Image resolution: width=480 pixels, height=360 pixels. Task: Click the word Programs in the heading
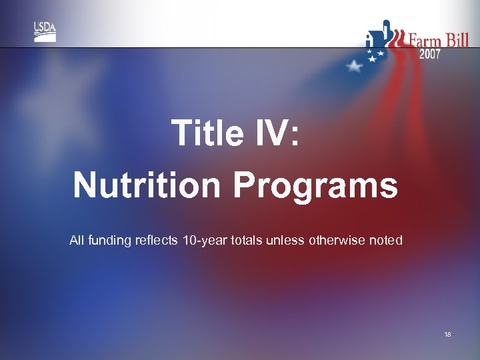315,186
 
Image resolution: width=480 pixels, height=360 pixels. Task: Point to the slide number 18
447,334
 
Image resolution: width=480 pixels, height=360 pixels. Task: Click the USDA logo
45,32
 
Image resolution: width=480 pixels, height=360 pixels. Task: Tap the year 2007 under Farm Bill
429,55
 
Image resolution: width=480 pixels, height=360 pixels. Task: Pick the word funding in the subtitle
109,240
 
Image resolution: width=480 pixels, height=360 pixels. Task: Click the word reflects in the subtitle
155,240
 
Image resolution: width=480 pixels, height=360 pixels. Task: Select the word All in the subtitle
77,240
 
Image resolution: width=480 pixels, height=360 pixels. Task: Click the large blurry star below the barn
354,65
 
